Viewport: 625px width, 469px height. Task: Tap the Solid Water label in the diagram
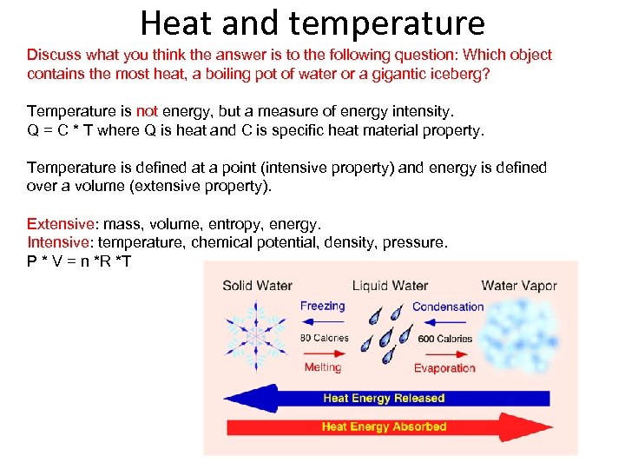click(257, 286)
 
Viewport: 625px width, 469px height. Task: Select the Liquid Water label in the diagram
click(390, 286)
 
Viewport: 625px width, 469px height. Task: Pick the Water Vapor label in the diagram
click(519, 286)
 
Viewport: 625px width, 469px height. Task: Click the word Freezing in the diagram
click(323, 306)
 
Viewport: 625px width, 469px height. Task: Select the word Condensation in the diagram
click(448, 307)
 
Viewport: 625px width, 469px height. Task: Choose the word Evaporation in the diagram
click(444, 368)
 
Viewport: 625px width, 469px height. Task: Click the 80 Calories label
click(325, 338)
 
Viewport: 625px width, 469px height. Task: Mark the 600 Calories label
click(445, 339)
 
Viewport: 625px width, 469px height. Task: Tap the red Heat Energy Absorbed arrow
click(384, 426)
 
